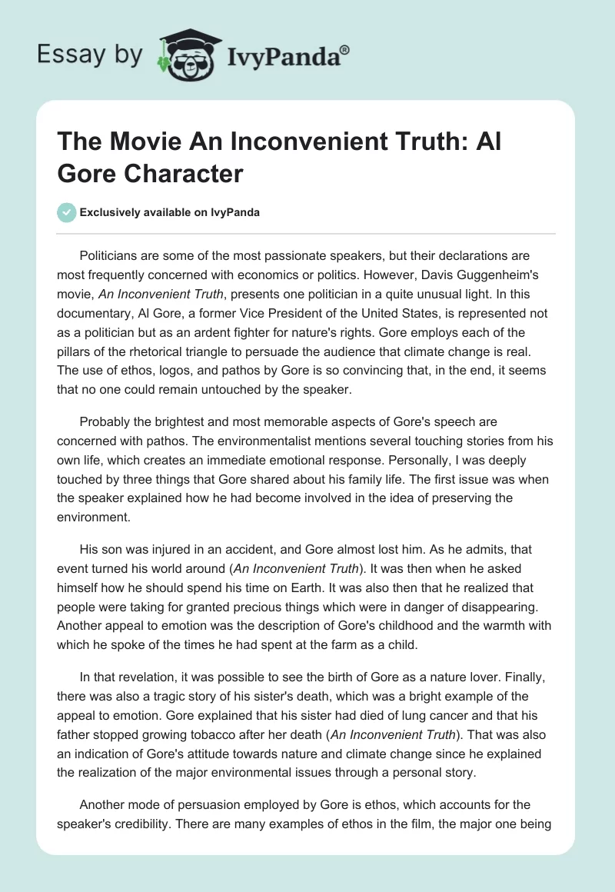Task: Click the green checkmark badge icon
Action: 67,213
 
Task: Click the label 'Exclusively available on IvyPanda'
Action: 170,213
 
